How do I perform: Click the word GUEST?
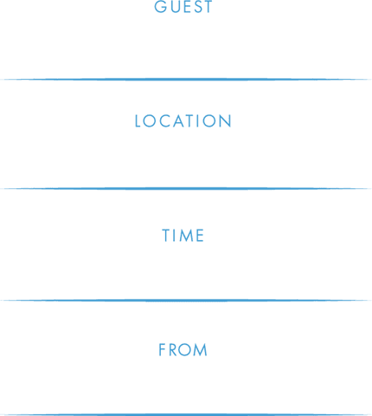pyautogui.click(x=183, y=6)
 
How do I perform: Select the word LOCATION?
pyautogui.click(x=183, y=121)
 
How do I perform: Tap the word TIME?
pyautogui.click(x=183, y=236)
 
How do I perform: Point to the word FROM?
pyautogui.click(x=183, y=350)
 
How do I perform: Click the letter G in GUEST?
pyautogui.click(x=160, y=6)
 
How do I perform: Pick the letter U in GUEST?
pyautogui.click(x=175, y=6)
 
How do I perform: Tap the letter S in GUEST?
pyautogui.click(x=196, y=6)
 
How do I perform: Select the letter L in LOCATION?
pyautogui.click(x=138, y=121)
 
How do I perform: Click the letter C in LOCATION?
pyautogui.click(x=164, y=121)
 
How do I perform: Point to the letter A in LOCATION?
pyautogui.click(x=178, y=121)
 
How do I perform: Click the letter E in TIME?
pyautogui.click(x=201, y=236)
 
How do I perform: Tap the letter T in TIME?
pyautogui.click(x=166, y=236)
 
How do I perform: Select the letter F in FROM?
pyautogui.click(x=162, y=350)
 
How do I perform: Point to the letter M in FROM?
pyautogui.click(x=201, y=350)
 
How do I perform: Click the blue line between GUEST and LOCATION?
pyautogui.click(x=186, y=79)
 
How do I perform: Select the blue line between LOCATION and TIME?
pyautogui.click(x=186, y=189)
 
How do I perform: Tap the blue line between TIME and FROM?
pyautogui.click(x=186, y=301)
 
